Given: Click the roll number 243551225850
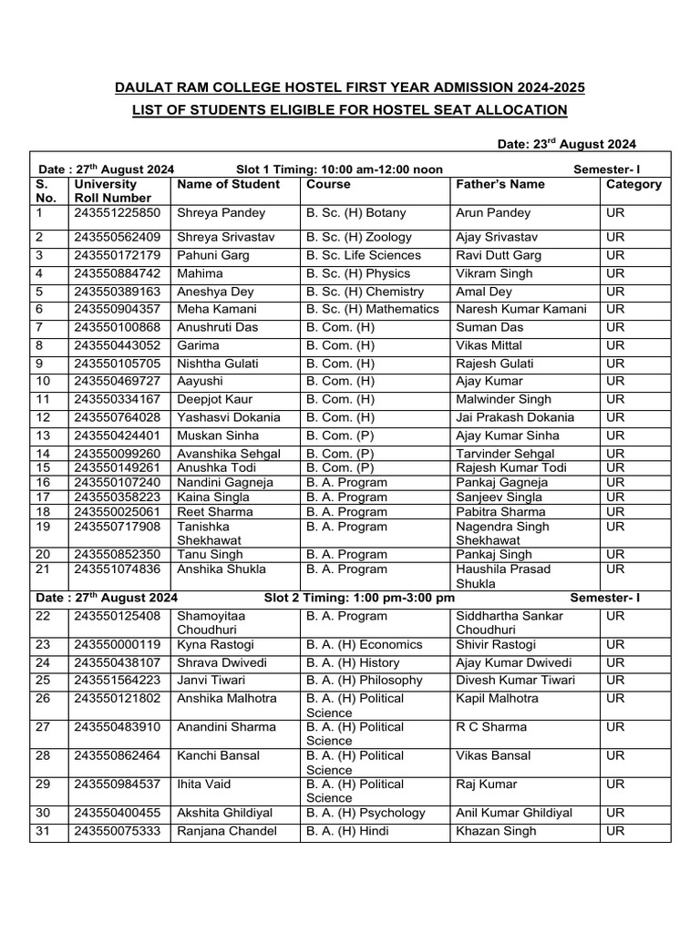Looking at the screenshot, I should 117,213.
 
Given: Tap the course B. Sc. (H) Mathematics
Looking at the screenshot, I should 373,310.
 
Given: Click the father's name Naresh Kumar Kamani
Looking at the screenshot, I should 520,310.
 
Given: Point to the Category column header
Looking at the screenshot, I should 633,184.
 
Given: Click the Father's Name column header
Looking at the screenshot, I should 499,184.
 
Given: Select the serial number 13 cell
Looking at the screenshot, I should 43,436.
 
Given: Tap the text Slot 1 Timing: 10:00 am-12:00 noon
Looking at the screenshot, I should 339,169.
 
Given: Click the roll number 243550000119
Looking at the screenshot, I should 117,645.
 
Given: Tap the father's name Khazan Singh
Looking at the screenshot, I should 496,831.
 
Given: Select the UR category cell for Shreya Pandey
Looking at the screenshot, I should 615,213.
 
